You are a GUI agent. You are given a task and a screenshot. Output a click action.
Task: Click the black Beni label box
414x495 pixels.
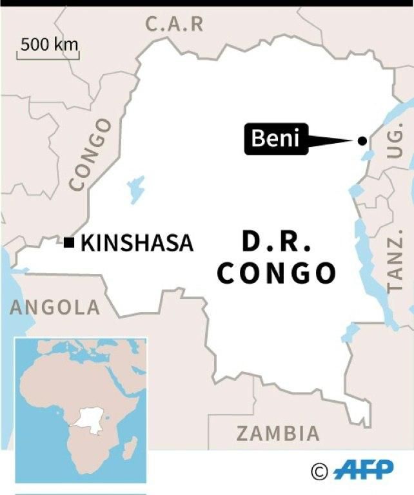click(276, 139)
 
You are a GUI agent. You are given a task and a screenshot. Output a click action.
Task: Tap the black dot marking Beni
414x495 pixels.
click(362, 141)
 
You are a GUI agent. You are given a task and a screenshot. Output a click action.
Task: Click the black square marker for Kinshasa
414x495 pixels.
click(69, 242)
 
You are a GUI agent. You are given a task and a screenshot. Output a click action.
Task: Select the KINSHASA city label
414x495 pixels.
click(137, 243)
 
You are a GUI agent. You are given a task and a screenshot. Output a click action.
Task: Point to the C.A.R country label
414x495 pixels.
click(174, 24)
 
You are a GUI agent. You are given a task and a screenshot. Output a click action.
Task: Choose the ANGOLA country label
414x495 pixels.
click(55, 307)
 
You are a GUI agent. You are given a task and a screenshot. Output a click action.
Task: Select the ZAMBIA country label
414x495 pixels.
click(277, 433)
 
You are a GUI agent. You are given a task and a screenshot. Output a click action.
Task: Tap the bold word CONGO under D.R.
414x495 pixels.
click(277, 273)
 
